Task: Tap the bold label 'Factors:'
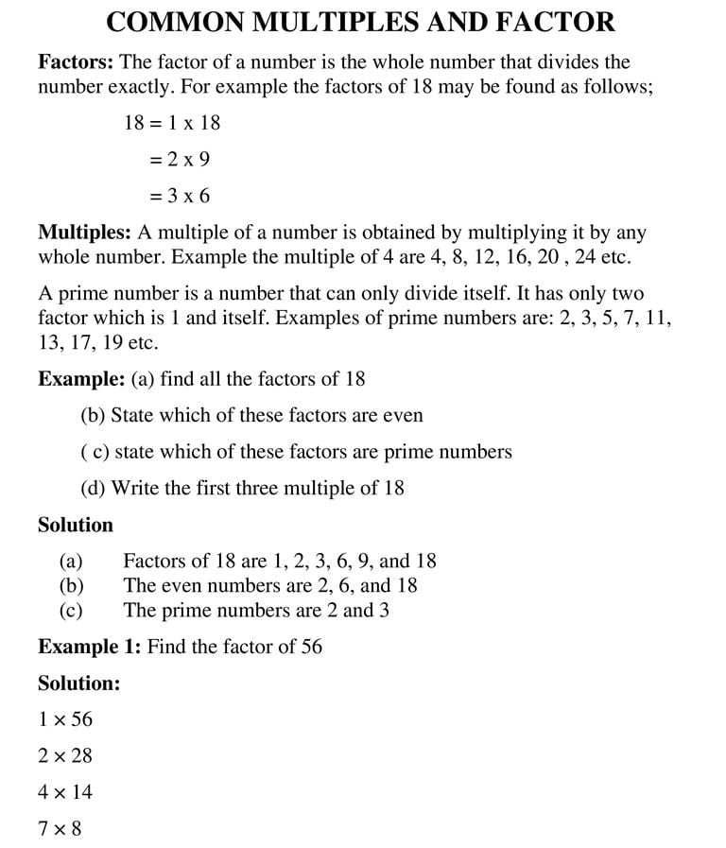pyautogui.click(x=76, y=62)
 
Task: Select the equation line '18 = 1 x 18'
pyautogui.click(x=172, y=123)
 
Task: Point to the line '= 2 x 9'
pyautogui.click(x=180, y=160)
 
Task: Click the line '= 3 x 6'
pyautogui.click(x=180, y=197)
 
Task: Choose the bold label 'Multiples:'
pyautogui.click(x=84, y=232)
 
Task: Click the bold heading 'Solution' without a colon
pyautogui.click(x=75, y=525)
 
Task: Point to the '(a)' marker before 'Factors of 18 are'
pyautogui.click(x=71, y=561)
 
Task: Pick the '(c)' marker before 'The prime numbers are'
pyautogui.click(x=71, y=610)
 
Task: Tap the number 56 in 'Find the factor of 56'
pyautogui.click(x=311, y=647)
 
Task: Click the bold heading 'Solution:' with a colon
pyautogui.click(x=78, y=683)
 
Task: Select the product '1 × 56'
pyautogui.click(x=65, y=719)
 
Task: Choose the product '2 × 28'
pyautogui.click(x=65, y=755)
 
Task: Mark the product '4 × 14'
pyautogui.click(x=65, y=791)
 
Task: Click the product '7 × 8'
pyautogui.click(x=60, y=828)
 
